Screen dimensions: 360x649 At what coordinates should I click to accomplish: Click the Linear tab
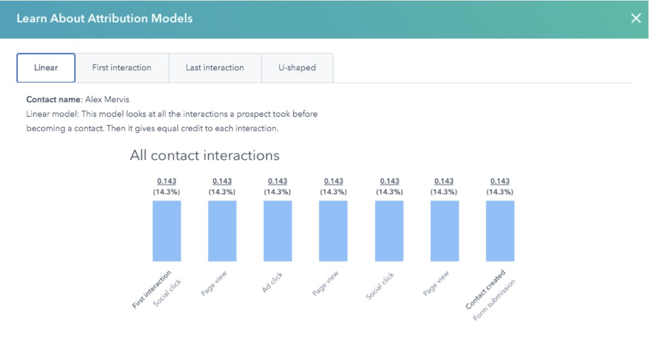point(46,68)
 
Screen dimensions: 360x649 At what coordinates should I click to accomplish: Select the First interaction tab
point(121,68)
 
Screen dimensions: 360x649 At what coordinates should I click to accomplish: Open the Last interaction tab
point(215,68)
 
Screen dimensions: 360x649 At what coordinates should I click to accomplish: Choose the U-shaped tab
point(297,68)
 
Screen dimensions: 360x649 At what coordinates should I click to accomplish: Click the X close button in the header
point(636,18)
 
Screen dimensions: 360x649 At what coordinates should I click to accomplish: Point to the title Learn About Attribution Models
point(105,18)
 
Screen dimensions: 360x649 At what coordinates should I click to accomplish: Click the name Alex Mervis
point(107,100)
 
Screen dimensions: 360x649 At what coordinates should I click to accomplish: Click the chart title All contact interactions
point(204,155)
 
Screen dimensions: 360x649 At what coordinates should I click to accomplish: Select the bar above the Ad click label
point(278,231)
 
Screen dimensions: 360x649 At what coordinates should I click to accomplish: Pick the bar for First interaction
point(167,231)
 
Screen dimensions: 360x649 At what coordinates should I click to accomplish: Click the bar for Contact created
point(500,231)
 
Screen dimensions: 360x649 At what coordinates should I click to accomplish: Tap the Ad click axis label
point(273,283)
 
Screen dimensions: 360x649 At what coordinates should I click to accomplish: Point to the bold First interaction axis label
point(151,289)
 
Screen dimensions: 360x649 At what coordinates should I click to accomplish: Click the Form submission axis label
point(494,300)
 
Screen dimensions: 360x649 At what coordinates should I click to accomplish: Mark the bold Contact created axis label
point(485,289)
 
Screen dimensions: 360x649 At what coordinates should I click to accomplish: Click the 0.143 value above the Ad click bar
point(278,181)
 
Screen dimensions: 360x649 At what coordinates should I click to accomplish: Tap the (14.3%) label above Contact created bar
point(500,191)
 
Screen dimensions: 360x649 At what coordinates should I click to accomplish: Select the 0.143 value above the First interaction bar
point(167,181)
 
